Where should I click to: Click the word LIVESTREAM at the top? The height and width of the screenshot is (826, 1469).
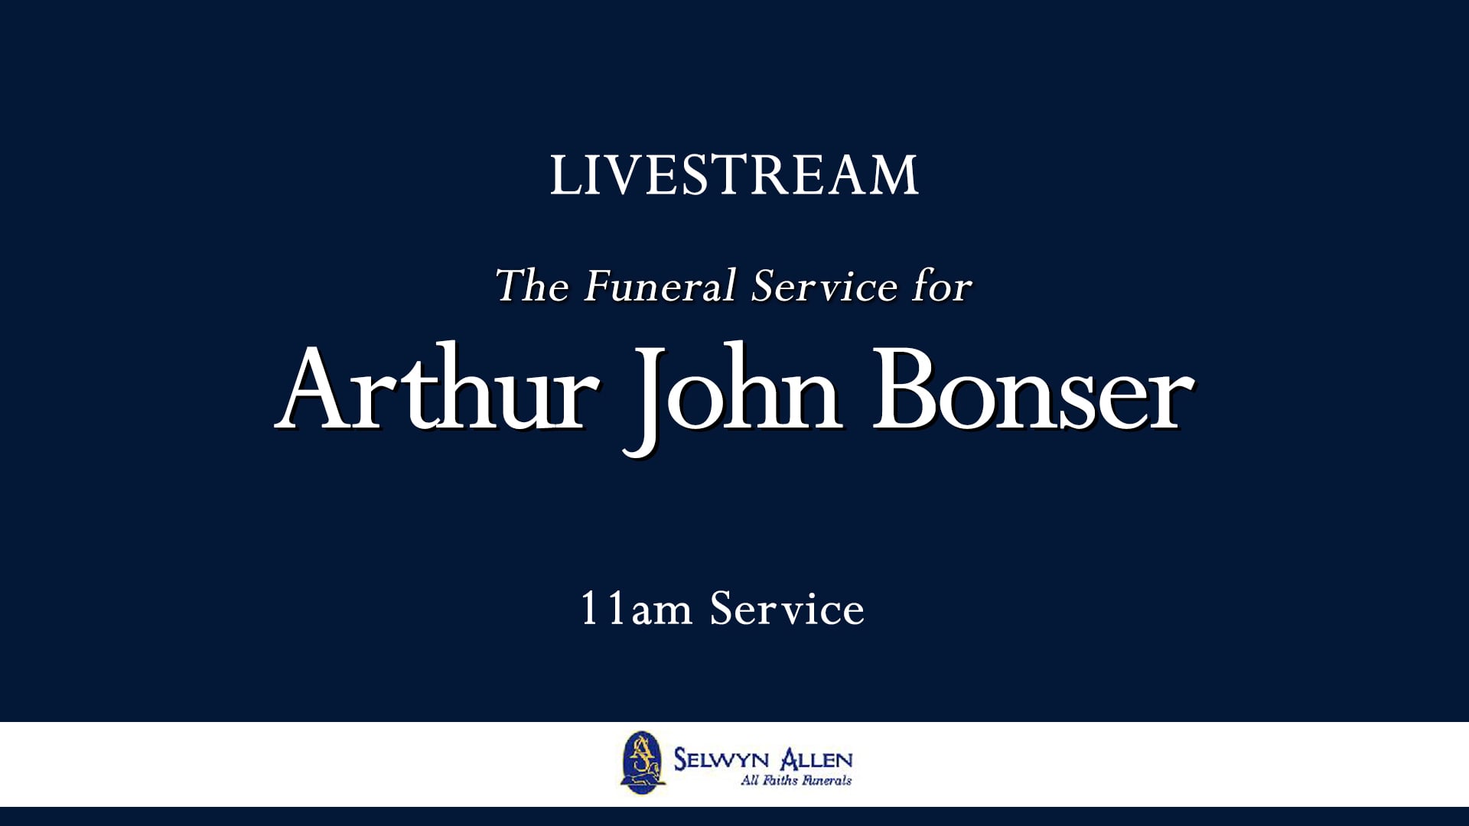pos(734,175)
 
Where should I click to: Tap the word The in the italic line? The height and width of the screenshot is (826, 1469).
pos(532,286)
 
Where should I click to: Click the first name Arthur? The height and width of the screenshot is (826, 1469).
pos(437,391)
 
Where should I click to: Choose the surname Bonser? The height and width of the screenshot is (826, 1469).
pos(1033,391)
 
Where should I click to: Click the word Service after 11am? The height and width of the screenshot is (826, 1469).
pos(787,610)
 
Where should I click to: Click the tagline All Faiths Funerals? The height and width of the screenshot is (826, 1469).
pos(796,781)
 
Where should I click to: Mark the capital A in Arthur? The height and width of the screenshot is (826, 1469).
pos(317,391)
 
